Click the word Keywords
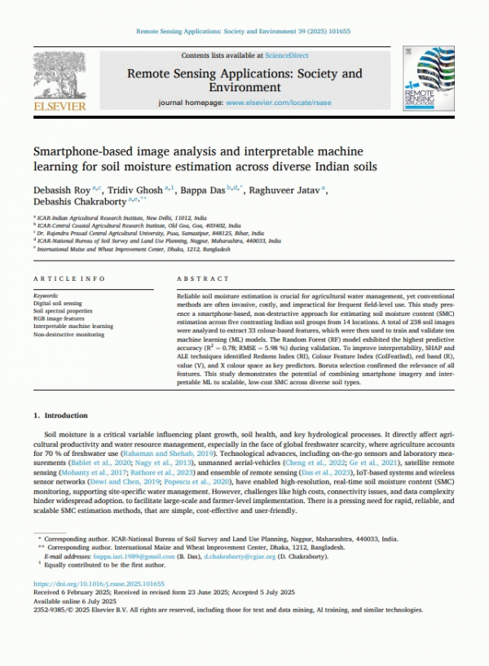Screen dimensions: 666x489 (46, 295)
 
